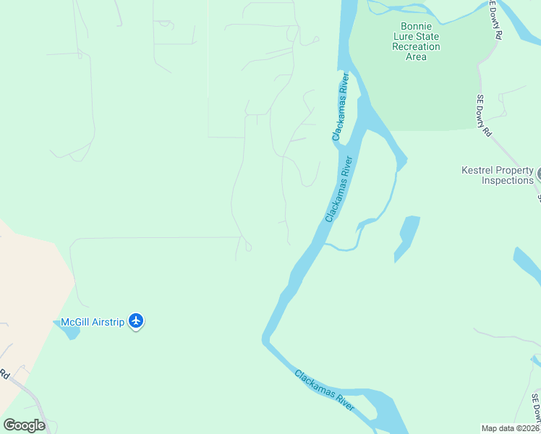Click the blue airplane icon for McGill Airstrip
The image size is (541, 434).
136,320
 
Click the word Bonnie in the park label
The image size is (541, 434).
416,26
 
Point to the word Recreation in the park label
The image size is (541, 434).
416,46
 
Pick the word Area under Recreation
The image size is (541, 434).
416,56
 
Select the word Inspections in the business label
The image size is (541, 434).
508,180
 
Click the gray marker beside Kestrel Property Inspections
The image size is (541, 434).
538,174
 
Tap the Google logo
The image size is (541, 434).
24,425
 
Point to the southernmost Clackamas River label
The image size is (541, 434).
324,391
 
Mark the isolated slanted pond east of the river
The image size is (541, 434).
406,239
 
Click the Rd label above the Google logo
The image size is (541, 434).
4,374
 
